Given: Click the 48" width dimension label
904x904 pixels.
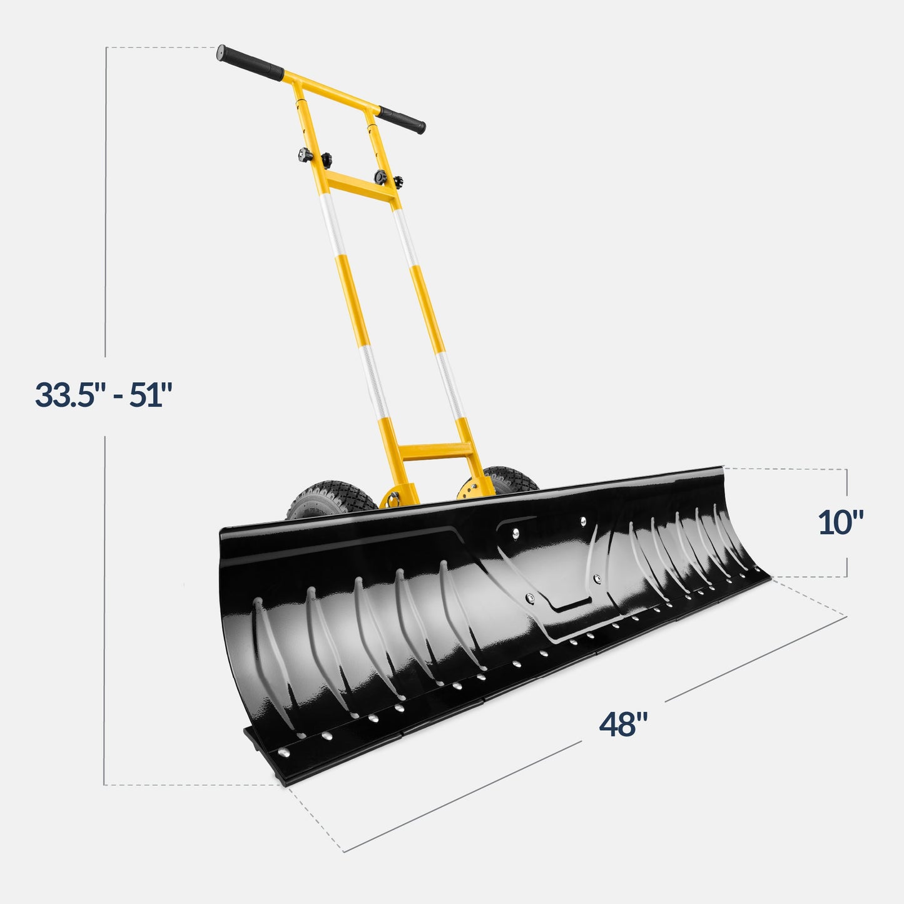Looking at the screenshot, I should click(623, 724).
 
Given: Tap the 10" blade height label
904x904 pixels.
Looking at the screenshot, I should click(841, 522).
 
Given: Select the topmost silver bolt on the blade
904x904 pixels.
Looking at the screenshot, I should click(583, 520).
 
